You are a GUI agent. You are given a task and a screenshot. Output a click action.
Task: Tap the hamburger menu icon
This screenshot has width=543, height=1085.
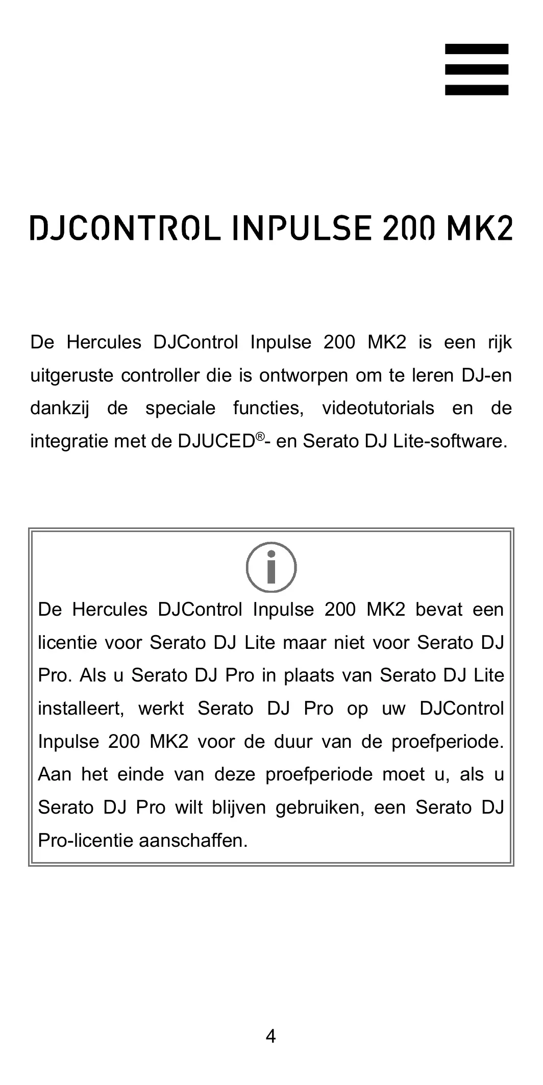click(x=476, y=69)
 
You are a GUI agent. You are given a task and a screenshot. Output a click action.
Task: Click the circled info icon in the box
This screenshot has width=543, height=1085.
click(x=271, y=567)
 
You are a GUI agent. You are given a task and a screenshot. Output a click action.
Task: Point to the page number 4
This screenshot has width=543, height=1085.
click(x=271, y=1036)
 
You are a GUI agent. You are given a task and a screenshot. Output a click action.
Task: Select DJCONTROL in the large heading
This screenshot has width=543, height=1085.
click(x=126, y=228)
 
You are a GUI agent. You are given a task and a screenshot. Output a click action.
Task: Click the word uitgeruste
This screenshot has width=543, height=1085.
click(x=72, y=376)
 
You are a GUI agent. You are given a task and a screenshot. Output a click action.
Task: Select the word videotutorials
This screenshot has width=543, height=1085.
click(x=378, y=409)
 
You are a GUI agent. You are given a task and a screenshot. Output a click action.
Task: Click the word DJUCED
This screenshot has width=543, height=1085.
click(x=216, y=441)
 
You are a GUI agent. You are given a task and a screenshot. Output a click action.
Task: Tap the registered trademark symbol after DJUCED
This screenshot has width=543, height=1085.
click(x=260, y=436)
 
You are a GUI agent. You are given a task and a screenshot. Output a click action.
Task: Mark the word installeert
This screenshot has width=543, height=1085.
click(x=81, y=709)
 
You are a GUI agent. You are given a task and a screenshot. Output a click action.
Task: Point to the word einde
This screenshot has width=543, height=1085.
click(x=141, y=774)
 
